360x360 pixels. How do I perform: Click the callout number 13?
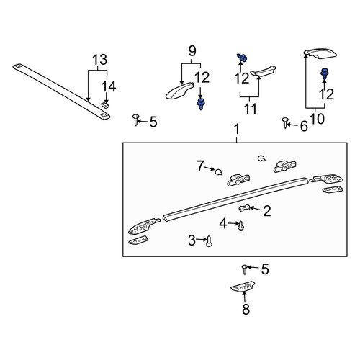[100, 60]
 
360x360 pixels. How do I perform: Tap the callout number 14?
[109, 86]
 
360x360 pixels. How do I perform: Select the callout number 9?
[192, 51]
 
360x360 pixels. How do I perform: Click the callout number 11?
[251, 109]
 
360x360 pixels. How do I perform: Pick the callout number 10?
[318, 119]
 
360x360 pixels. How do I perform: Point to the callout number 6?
[304, 126]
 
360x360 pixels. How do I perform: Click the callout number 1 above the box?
[237, 129]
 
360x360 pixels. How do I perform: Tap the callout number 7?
[200, 166]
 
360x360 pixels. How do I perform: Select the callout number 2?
[267, 211]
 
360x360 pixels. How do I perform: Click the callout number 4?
[223, 223]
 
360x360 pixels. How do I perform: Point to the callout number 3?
[192, 240]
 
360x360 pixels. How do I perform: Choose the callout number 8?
[246, 309]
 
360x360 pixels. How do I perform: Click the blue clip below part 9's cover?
[201, 104]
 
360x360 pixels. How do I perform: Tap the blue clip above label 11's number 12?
[242, 58]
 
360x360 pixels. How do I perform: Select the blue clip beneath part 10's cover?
[325, 73]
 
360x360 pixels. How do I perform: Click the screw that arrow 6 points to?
[285, 122]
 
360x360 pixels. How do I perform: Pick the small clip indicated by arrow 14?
[105, 105]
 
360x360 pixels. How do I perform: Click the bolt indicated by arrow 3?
[209, 241]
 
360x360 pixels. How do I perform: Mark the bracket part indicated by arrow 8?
[243, 287]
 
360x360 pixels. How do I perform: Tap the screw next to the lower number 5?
[245, 269]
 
